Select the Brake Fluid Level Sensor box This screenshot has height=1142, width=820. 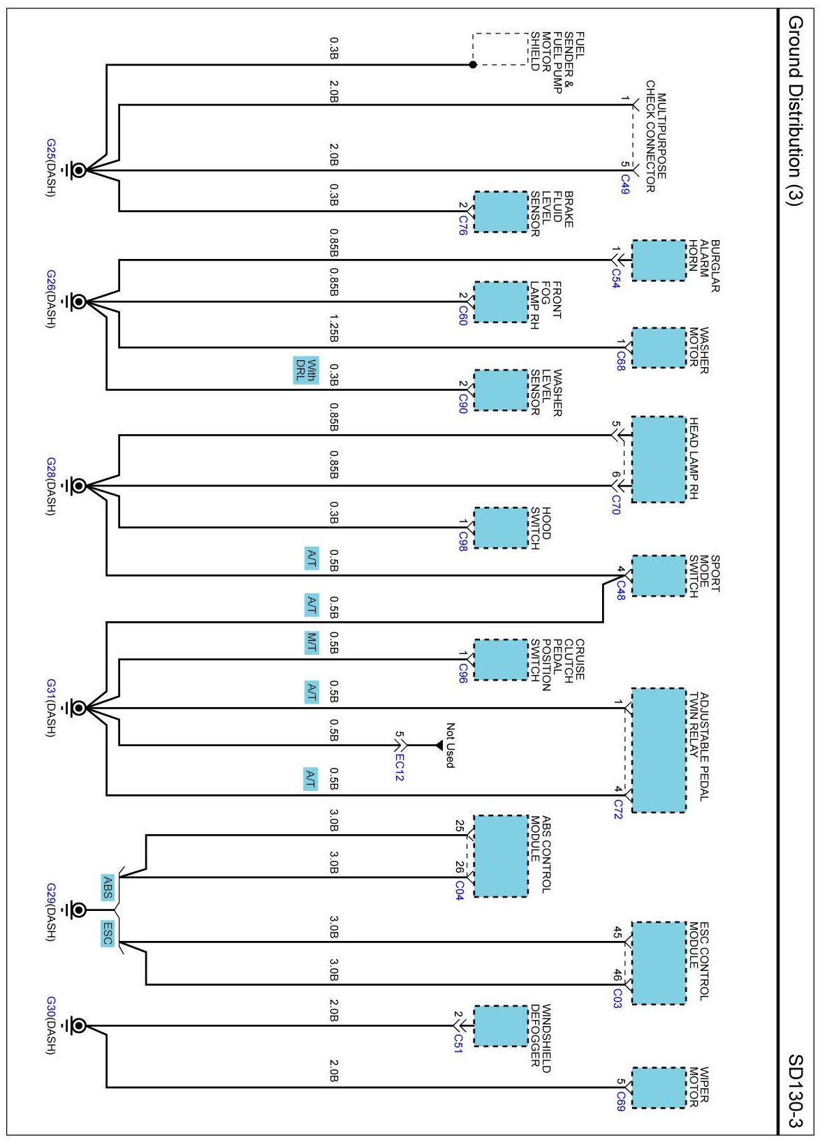point(501,212)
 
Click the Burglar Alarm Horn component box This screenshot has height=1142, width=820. point(658,260)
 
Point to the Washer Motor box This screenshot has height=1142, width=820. point(658,348)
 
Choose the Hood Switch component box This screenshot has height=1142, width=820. point(501,528)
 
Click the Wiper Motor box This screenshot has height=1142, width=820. point(658,1088)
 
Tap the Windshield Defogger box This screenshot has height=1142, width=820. point(501,1025)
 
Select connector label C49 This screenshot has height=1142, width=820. point(625,185)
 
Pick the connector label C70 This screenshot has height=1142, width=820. point(615,505)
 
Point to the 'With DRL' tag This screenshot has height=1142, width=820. point(306,371)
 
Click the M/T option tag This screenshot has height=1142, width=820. point(312,642)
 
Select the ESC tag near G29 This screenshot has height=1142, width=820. point(108,934)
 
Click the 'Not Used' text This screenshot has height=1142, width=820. point(450,746)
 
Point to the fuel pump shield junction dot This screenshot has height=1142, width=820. point(473,64)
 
